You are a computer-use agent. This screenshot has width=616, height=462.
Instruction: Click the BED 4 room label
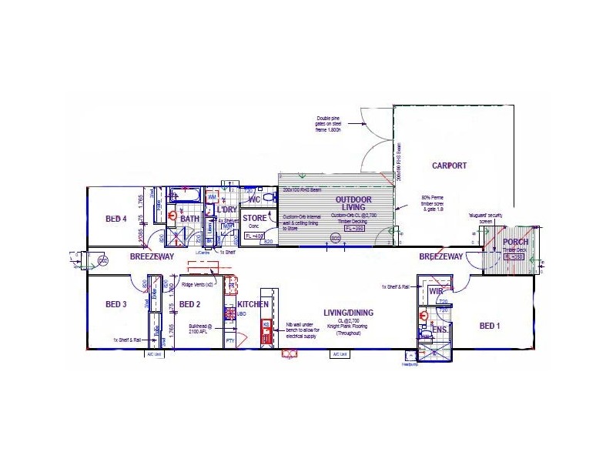tap(115, 219)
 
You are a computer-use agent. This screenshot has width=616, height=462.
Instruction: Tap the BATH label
tap(189, 219)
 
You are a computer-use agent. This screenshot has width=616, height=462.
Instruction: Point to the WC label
tap(254, 199)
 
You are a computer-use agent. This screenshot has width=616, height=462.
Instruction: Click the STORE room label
tap(254, 219)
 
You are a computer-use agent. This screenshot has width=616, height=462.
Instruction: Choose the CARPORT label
tap(450, 166)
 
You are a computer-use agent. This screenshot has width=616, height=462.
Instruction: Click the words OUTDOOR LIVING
tap(353, 204)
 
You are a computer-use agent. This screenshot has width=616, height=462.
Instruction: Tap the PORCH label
tap(515, 242)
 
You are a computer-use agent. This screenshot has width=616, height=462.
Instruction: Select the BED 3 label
tap(115, 305)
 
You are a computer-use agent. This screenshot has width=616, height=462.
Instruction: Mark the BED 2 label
tap(189, 305)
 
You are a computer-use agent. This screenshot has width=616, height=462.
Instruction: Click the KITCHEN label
tap(253, 305)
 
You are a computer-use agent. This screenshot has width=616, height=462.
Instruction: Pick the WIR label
tap(435, 292)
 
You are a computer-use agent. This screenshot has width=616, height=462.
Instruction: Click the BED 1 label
tap(490, 326)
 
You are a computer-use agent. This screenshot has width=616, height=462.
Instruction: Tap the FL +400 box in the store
tap(254, 236)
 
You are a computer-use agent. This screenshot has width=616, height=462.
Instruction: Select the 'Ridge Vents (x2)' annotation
tap(199, 284)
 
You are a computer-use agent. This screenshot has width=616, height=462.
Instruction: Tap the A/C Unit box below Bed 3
tap(154, 355)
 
